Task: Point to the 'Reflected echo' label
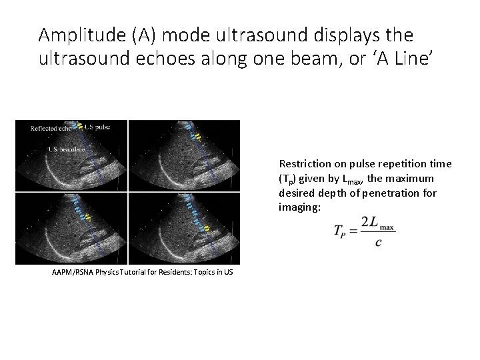[x=53, y=128]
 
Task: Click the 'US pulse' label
[x=97, y=127]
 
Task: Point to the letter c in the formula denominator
[x=378, y=242]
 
